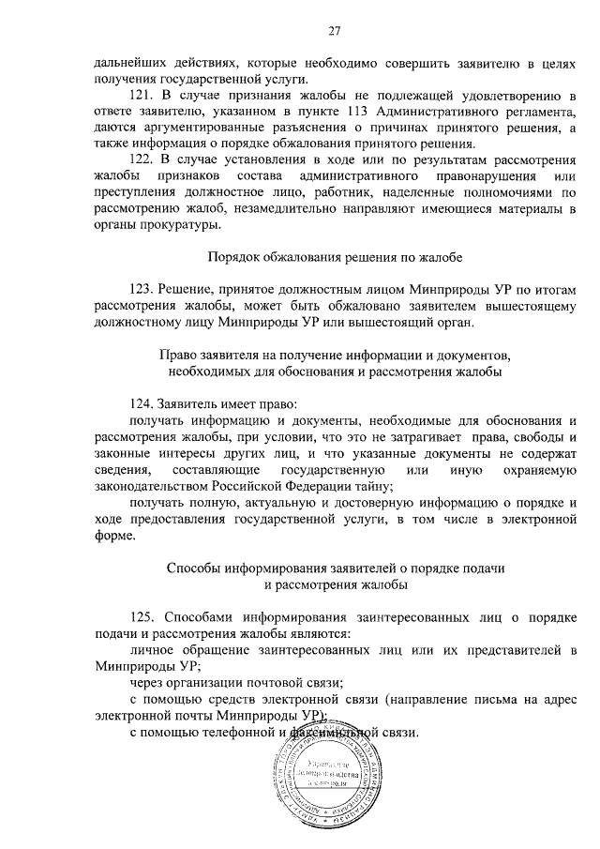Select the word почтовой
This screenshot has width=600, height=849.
(x=273, y=682)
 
